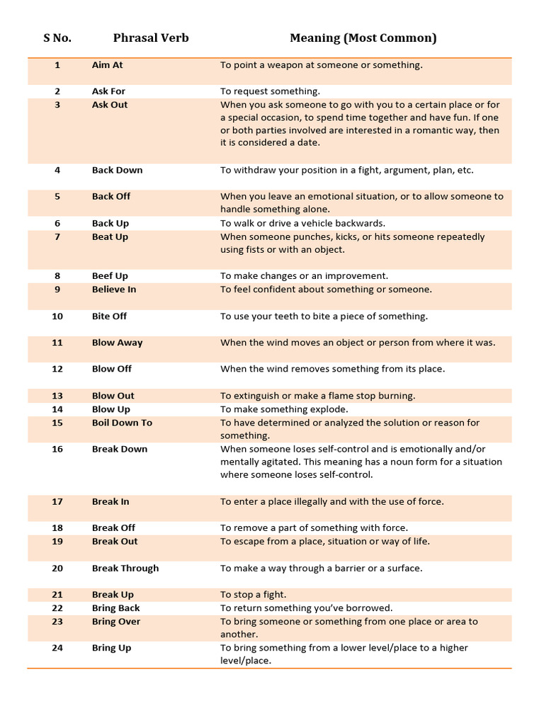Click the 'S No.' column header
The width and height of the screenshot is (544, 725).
pos(57,38)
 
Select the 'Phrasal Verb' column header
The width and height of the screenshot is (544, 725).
pos(151,38)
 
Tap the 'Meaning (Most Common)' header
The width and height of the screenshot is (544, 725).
pos(363,38)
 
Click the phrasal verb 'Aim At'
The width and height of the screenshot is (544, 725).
pos(107,65)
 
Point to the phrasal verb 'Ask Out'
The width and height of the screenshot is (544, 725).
pos(110,105)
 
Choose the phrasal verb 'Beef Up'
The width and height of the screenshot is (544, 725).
pos(110,276)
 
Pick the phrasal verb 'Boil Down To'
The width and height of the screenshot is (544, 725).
pos(122,423)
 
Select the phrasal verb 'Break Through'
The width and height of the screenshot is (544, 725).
pos(125,569)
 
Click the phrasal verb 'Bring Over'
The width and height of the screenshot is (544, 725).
pos(116,622)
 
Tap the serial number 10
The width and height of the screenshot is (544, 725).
pos(57,316)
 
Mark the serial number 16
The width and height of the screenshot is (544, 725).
pos(57,449)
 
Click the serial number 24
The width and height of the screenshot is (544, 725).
pos(57,648)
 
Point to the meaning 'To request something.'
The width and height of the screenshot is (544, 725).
pos(270,91)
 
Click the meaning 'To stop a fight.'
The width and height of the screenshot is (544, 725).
pos(253,595)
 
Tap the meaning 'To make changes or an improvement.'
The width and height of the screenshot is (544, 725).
pos(304,276)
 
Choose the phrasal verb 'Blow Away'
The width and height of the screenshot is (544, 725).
pos(117,343)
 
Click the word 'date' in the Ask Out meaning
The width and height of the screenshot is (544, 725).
pos(309,142)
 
